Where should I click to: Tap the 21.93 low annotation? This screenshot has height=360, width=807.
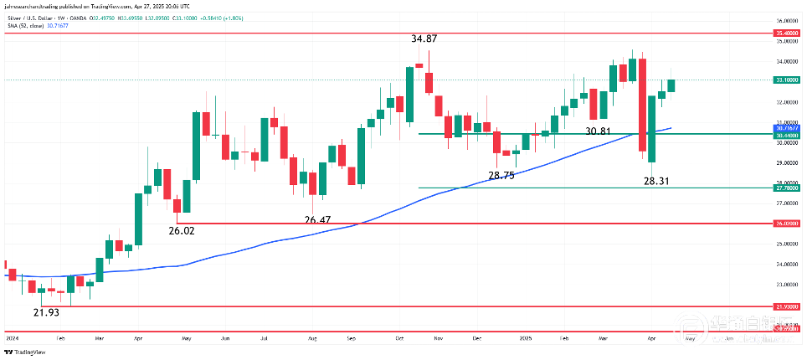(47, 312)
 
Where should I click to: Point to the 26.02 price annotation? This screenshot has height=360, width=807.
(182, 230)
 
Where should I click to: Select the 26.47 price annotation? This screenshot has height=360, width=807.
(317, 220)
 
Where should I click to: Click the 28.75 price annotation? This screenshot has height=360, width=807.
(501, 176)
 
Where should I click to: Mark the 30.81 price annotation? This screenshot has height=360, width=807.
(599, 131)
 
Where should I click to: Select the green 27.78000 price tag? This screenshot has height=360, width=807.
(785, 189)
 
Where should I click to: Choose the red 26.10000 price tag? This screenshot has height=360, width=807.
(785, 224)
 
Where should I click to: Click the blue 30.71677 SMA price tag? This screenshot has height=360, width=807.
(785, 128)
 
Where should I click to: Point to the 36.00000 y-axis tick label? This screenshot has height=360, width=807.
(785, 20)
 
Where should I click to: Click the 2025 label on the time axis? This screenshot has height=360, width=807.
(525, 338)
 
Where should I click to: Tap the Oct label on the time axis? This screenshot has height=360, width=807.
(399, 338)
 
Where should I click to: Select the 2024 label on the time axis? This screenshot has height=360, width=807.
(12, 338)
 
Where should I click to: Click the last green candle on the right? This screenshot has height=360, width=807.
(671, 85)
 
